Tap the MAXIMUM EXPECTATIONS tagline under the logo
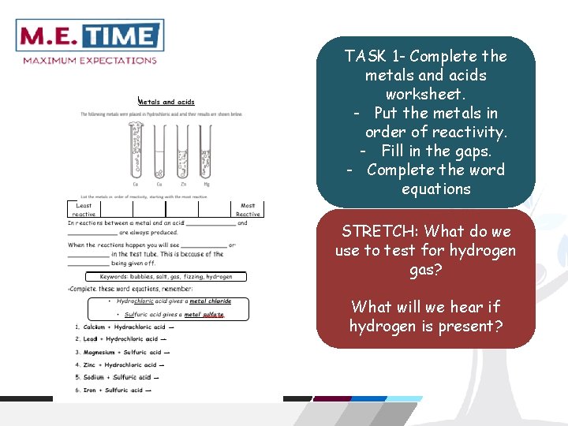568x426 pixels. coord(90,60)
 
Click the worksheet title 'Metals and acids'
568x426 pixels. coord(166,102)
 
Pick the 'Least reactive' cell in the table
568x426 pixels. coord(84,209)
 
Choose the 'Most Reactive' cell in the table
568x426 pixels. coord(247,209)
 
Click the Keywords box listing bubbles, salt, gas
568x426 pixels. coord(166,277)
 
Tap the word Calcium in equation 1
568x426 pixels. coord(95,327)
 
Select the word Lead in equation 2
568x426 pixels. coord(89,339)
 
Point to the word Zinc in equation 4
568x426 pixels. coord(89,364)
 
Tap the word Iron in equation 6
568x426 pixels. coord(89,390)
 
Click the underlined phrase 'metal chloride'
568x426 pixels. coord(210,301)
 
